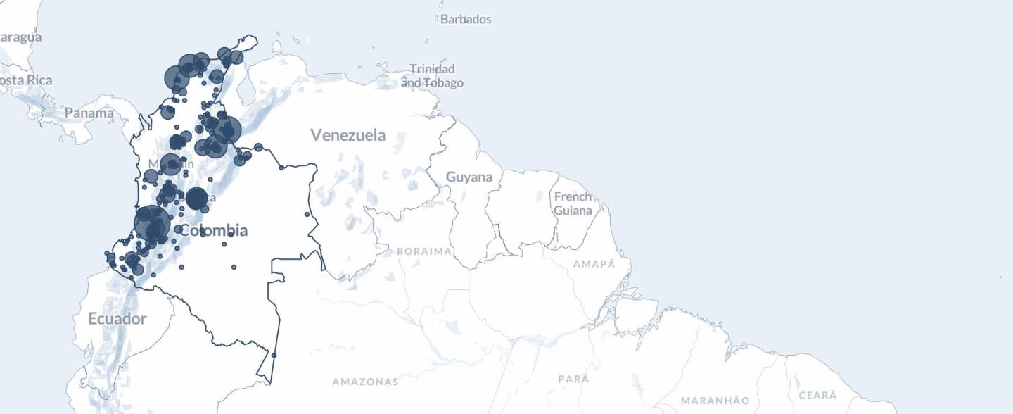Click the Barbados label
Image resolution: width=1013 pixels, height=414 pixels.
click(465, 19)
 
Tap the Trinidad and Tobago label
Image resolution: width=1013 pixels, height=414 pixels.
click(433, 76)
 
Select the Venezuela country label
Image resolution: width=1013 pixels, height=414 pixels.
click(348, 134)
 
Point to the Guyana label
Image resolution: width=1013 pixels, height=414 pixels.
click(469, 177)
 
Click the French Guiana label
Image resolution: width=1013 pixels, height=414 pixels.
click(573, 203)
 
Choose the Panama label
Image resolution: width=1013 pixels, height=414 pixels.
click(89, 113)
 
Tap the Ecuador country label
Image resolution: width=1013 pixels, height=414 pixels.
click(117, 319)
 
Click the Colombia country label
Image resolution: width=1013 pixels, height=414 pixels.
click(214, 230)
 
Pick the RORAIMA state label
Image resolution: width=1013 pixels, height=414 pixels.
click(424, 251)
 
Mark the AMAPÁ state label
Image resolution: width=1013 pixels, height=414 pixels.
click(594, 264)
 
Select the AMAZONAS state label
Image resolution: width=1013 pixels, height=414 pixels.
click(365, 382)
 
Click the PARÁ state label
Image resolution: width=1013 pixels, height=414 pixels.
click(573, 379)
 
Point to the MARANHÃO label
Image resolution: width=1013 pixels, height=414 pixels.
click(715, 401)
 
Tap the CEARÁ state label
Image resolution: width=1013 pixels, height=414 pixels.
click(817, 395)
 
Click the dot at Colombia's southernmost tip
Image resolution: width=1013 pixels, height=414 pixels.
click(274, 356)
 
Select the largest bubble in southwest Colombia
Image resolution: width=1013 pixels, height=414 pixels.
click(152, 223)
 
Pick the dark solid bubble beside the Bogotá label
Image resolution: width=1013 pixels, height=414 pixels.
click(196, 199)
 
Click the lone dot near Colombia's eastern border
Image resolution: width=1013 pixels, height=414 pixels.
click(307, 214)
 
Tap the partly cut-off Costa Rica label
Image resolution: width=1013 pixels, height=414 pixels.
click(25, 80)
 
